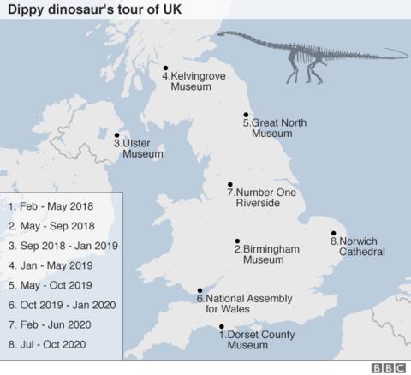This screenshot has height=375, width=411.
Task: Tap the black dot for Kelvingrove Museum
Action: (x=165, y=68)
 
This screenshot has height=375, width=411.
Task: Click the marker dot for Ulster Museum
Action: (x=116, y=134)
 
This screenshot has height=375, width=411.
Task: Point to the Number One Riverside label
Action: (x=261, y=198)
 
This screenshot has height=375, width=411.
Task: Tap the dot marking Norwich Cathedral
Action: (x=333, y=233)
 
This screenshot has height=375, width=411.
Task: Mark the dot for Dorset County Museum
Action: (x=222, y=326)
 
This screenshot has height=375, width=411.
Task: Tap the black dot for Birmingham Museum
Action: (x=237, y=241)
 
